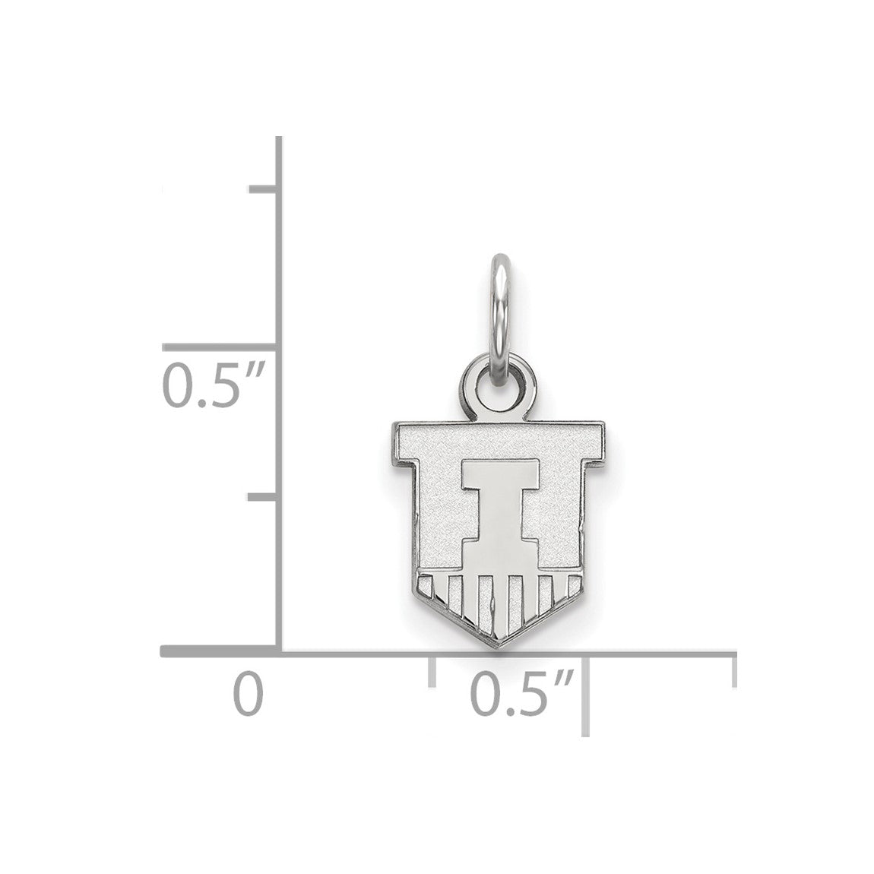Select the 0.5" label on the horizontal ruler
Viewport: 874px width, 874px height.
pyautogui.click(x=521, y=694)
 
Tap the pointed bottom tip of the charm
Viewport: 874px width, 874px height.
pyautogui.click(x=499, y=647)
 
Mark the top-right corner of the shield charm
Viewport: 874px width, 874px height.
pyautogui.click(x=606, y=423)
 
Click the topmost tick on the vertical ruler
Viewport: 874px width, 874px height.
pyautogui.click(x=263, y=189)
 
